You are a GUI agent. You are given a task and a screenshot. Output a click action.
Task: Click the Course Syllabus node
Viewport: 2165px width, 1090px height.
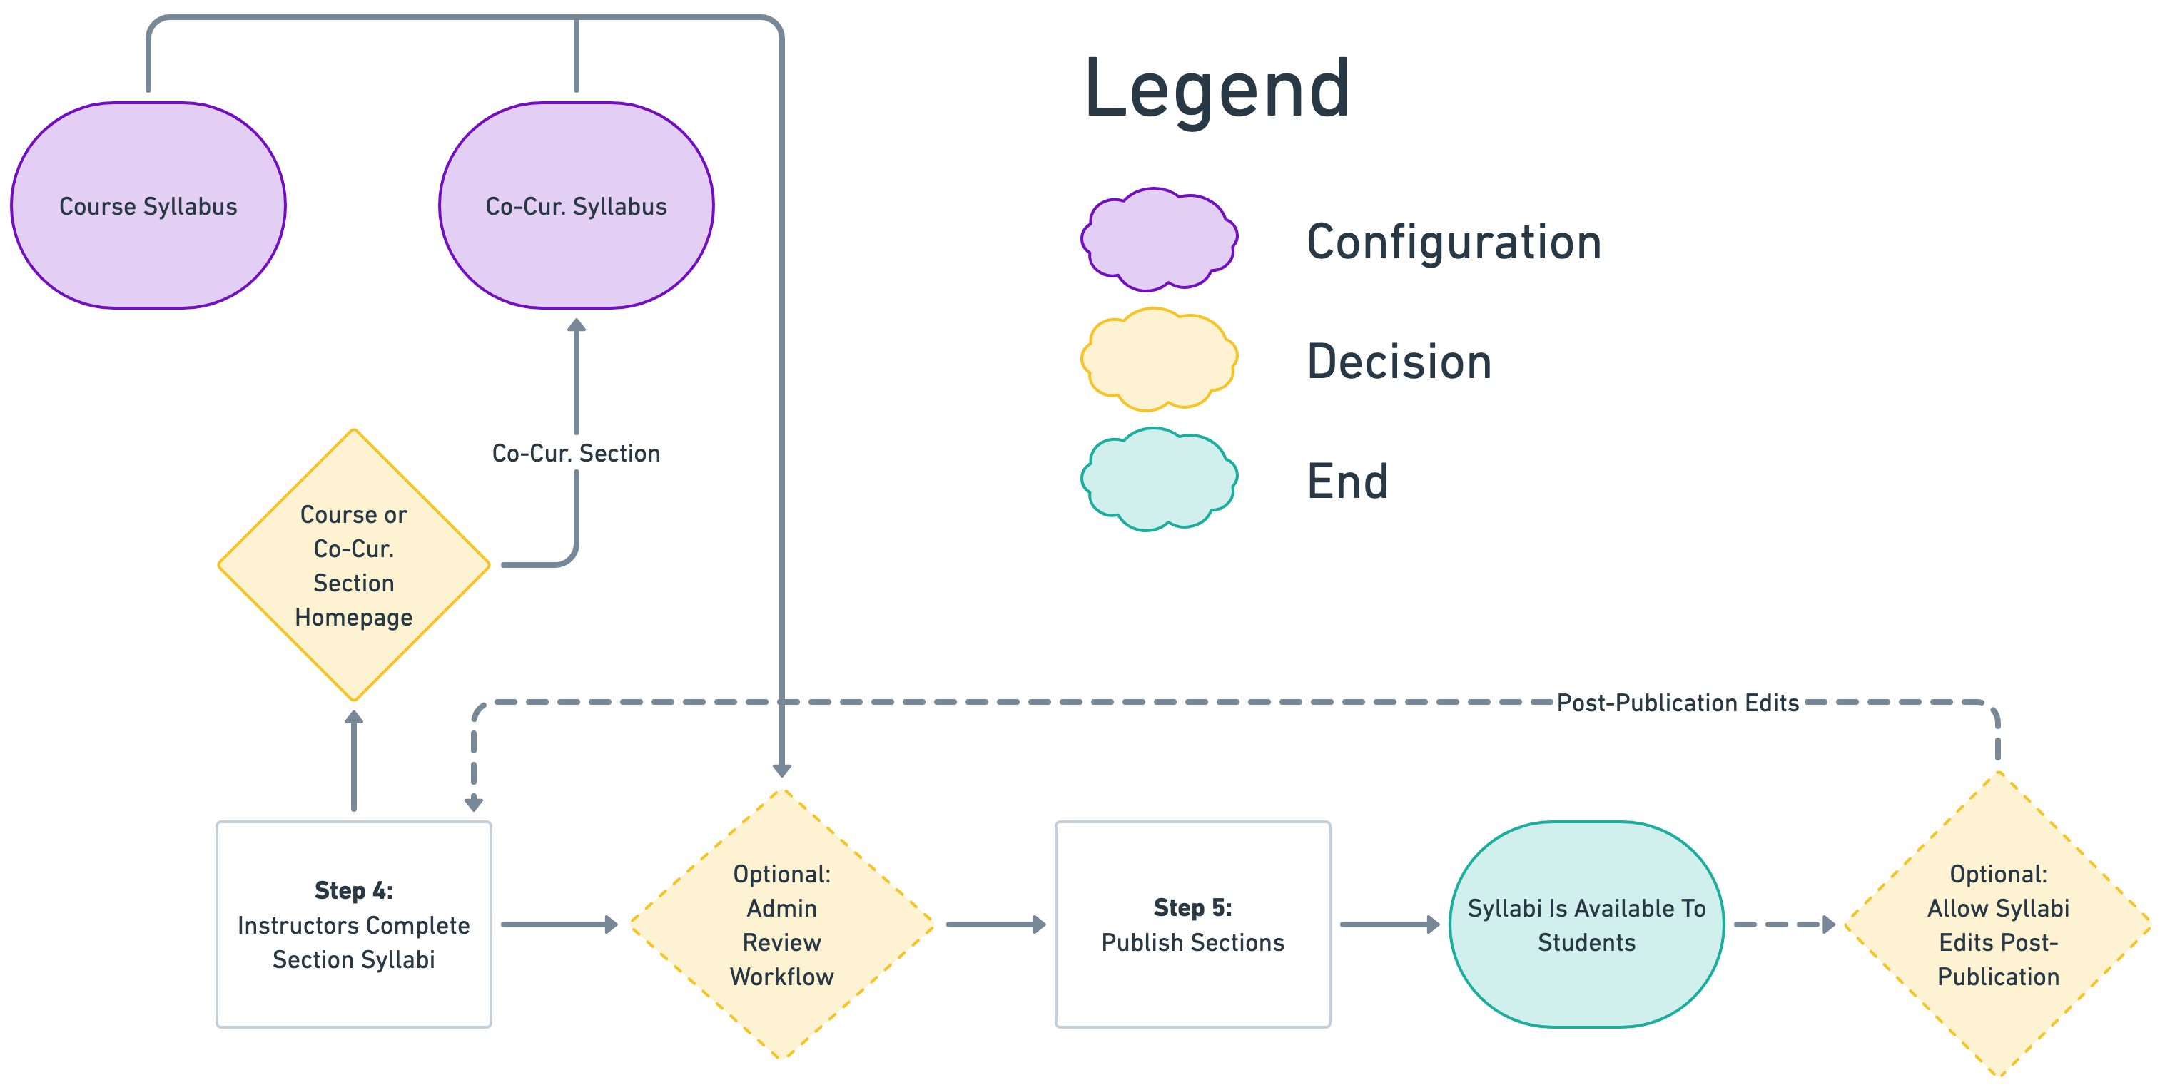[148, 206]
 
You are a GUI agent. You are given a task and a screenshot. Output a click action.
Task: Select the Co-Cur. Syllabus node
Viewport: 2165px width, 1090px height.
[577, 206]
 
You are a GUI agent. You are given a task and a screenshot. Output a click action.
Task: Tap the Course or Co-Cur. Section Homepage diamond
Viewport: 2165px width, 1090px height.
[354, 565]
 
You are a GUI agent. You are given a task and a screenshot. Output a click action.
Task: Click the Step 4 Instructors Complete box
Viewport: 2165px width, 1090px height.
[354, 925]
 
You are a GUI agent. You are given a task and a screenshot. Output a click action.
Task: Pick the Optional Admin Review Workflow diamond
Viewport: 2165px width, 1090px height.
[781, 925]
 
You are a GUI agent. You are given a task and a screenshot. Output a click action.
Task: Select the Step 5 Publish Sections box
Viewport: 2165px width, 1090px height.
[1192, 925]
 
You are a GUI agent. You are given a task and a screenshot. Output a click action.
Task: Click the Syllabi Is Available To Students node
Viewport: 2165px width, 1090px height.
[1586, 925]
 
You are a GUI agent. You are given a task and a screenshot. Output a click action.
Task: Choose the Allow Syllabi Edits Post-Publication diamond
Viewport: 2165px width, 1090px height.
[1998, 925]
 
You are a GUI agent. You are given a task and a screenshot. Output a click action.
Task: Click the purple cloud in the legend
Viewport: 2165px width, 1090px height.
[1159, 240]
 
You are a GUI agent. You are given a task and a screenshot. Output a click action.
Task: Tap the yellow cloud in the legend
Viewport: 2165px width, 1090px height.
[1159, 359]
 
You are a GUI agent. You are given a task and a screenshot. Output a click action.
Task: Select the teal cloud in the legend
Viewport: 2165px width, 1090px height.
[1159, 479]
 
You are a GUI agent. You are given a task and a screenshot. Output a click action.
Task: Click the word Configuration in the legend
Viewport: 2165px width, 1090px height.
[1454, 242]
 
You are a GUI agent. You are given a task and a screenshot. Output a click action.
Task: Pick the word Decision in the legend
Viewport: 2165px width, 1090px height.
[1399, 362]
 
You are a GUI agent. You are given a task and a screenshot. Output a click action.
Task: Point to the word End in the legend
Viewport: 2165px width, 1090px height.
[1347, 482]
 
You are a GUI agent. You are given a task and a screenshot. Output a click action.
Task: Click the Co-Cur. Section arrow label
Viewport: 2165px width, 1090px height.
[577, 453]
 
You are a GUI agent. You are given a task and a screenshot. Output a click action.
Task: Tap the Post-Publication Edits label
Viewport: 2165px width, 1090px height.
[1678, 703]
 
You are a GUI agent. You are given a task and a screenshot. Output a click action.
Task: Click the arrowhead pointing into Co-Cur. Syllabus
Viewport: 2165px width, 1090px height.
[577, 326]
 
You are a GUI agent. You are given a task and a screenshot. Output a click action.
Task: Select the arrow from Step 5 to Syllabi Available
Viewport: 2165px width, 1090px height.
[1389, 925]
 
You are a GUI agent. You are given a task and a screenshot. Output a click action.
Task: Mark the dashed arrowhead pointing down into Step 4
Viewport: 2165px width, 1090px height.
[474, 803]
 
